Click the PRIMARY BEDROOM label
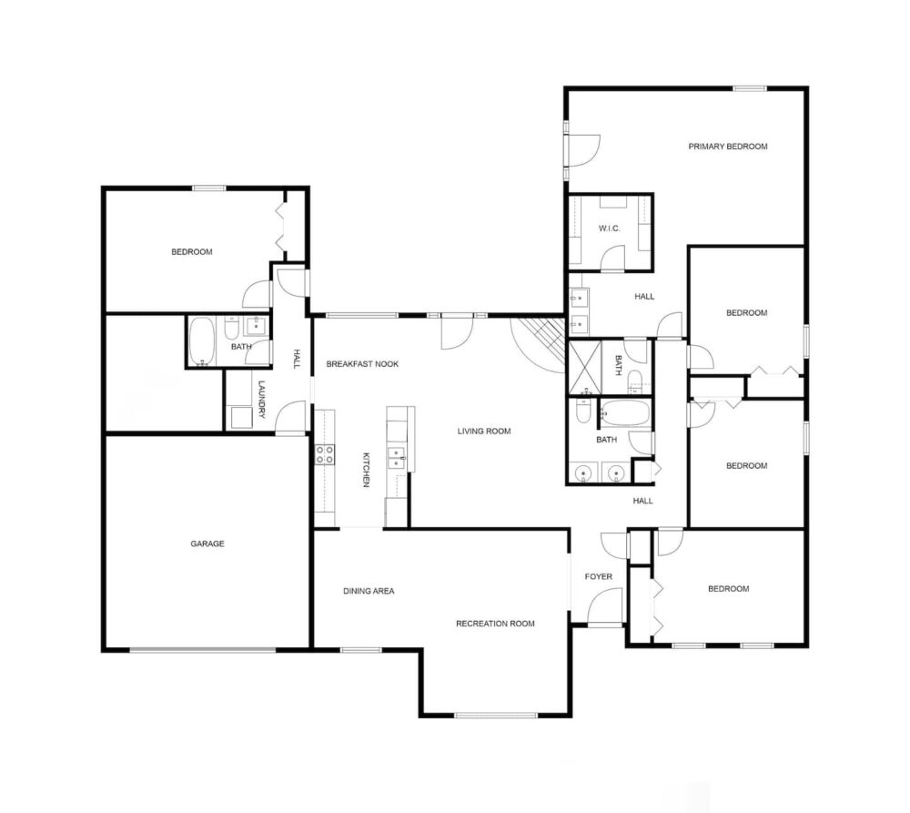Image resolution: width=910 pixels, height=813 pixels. click(728, 147)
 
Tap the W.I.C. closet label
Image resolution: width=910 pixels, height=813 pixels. click(610, 229)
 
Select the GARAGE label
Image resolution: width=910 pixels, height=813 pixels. click(207, 544)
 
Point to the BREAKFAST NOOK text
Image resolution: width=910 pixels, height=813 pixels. click(362, 364)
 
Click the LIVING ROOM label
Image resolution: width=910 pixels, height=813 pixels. click(484, 432)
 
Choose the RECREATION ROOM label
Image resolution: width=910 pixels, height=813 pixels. click(495, 624)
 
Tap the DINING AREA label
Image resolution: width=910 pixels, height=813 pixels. click(369, 591)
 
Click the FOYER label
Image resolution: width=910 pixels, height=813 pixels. click(599, 576)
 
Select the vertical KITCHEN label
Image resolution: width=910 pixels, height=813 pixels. click(366, 470)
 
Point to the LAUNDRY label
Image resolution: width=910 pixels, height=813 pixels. click(262, 400)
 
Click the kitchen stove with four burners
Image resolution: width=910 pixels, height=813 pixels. click(325, 454)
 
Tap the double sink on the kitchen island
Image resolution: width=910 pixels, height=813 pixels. click(397, 458)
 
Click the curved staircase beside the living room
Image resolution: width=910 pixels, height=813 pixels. click(539, 344)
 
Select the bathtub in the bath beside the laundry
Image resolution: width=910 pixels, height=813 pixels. click(201, 342)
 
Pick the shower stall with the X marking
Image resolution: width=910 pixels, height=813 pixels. click(584, 368)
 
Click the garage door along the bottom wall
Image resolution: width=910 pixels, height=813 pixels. click(203, 650)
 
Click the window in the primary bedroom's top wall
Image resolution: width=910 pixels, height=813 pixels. click(749, 89)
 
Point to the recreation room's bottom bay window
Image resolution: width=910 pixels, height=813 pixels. click(496, 716)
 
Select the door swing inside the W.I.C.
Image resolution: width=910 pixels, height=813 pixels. click(612, 259)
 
